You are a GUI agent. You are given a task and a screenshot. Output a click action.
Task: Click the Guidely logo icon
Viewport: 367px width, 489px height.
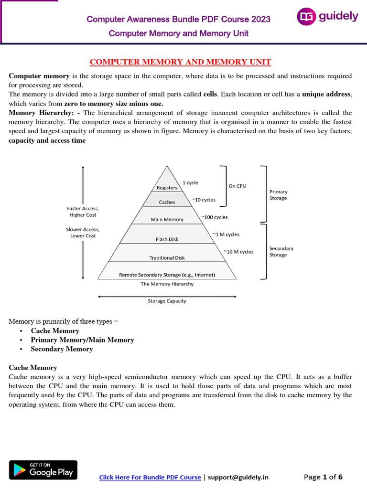[x=306, y=17]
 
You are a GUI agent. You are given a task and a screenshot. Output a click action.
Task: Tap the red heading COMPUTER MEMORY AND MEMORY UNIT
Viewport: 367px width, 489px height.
[x=181, y=62]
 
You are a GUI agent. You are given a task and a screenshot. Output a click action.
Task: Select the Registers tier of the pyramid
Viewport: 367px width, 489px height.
[x=167, y=188]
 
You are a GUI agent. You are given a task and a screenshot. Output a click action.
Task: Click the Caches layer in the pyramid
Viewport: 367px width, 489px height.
[x=167, y=202]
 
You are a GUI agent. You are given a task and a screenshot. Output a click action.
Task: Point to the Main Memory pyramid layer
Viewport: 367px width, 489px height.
[x=167, y=219]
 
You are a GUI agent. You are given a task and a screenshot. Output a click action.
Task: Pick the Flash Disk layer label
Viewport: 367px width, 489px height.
[x=167, y=239]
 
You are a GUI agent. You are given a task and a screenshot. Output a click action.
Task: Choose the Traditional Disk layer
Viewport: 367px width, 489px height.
[x=167, y=257]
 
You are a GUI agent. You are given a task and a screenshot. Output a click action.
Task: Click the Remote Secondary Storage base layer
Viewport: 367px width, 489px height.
[x=167, y=275]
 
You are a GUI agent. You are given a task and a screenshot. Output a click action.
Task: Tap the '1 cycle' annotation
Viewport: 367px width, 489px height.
[x=190, y=182]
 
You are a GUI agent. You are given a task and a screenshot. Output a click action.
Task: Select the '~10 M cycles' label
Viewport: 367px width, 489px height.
[x=238, y=252]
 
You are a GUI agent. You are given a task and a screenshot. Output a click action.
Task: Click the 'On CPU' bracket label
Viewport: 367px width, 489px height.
[x=237, y=186]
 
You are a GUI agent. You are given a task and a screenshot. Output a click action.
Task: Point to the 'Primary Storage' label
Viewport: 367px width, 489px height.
[x=278, y=195]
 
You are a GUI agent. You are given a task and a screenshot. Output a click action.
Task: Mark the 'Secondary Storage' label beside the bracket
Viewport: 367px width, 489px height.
[x=281, y=252]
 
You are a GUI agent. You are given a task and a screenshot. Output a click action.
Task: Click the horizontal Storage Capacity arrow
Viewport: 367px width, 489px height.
[x=167, y=297]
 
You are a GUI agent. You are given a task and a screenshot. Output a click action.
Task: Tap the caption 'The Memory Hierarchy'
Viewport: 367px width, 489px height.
[x=167, y=284]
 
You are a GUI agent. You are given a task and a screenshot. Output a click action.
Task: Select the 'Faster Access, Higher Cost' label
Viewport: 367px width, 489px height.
[x=83, y=212]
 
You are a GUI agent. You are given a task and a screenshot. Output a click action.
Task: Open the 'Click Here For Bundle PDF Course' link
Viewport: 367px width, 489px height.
[x=150, y=477]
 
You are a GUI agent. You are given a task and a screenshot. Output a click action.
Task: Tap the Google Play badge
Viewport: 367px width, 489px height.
[x=43, y=470]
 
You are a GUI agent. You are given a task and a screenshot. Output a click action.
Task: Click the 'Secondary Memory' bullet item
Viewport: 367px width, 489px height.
[x=62, y=349]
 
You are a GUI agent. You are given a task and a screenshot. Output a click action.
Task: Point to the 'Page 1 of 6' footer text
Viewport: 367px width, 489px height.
[x=323, y=477]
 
